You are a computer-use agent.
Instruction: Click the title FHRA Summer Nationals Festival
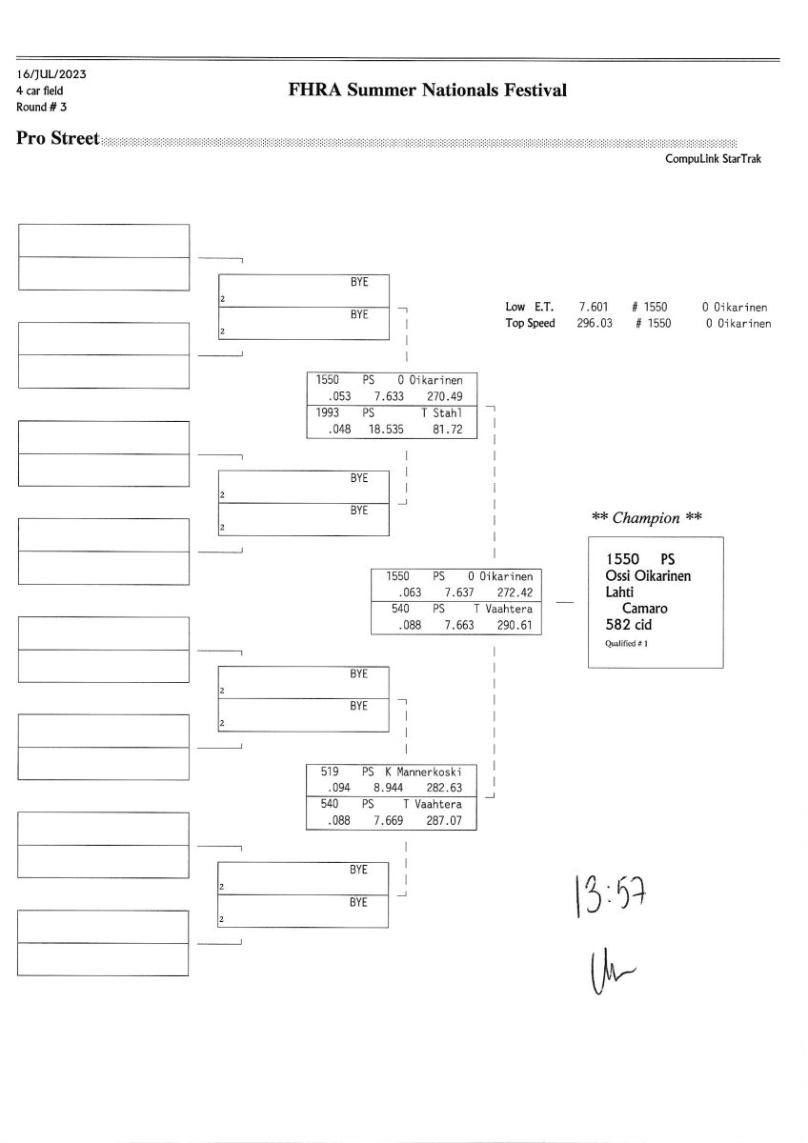click(x=427, y=90)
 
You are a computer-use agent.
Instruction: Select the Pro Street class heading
click(x=58, y=139)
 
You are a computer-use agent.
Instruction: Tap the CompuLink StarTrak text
click(x=713, y=159)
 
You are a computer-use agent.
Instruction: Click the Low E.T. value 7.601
click(x=594, y=308)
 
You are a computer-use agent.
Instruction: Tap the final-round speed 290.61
click(x=513, y=626)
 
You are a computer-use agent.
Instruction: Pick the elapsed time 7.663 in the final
click(x=459, y=626)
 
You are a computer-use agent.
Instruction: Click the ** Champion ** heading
click(x=647, y=518)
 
